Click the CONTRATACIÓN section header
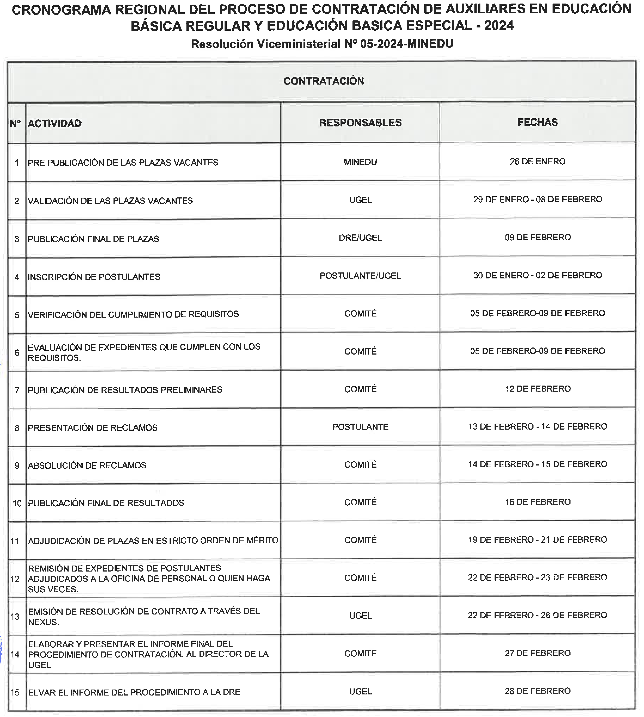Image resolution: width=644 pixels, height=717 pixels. (324, 81)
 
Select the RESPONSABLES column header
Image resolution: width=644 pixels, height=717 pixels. (360, 123)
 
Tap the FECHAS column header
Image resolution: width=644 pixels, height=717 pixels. (538, 122)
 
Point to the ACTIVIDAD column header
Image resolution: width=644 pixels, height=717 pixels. (54, 123)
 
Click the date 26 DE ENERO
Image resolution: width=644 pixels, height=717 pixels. (538, 162)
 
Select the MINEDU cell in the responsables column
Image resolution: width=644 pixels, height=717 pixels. (360, 162)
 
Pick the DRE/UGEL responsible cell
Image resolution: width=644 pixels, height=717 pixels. (360, 238)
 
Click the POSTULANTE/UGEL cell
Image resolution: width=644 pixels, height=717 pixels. (360, 276)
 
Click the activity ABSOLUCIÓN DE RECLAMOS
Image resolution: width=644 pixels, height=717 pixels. (87, 465)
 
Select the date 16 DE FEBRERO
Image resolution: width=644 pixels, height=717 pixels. (538, 502)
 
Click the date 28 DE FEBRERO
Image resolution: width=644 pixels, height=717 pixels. (538, 691)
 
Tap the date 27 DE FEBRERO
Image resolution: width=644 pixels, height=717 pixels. (538, 653)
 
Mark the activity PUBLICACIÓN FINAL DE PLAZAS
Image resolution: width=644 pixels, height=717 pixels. (93, 239)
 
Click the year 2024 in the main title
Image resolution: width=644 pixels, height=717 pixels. (499, 26)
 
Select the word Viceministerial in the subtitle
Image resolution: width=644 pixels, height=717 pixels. (299, 44)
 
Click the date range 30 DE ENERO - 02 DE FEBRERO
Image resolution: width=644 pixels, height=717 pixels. (538, 275)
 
